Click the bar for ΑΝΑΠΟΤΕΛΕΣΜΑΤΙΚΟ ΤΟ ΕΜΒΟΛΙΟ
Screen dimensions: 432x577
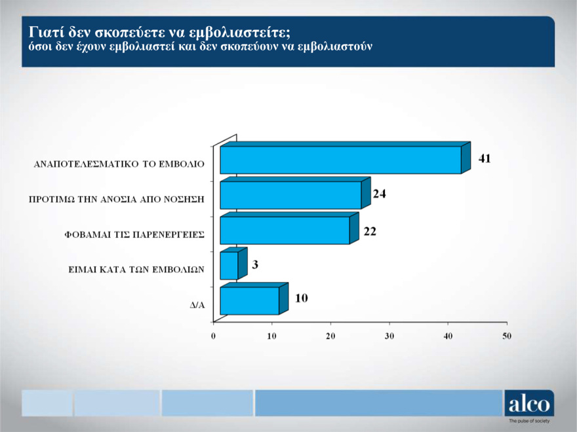coord(340,160)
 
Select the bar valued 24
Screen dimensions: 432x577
coord(290,195)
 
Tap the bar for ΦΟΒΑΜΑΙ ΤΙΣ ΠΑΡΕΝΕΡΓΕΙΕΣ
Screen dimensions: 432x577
coord(285,230)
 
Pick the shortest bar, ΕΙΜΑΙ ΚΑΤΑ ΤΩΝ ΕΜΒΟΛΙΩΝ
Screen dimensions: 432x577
coord(229,265)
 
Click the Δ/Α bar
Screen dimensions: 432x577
coord(249,300)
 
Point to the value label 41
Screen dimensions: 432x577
coord(485,158)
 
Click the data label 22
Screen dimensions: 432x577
coord(370,231)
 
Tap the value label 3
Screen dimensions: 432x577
coord(254,264)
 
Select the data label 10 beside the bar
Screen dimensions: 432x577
coord(301,298)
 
